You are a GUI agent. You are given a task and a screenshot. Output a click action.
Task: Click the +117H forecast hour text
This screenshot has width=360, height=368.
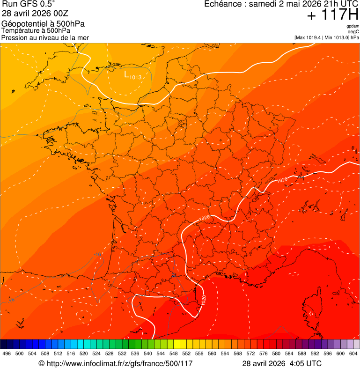(332, 15)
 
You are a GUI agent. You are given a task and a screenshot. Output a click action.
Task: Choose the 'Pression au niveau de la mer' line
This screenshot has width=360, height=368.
(45, 37)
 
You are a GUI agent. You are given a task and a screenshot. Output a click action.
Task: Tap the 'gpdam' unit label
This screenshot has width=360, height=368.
(353, 26)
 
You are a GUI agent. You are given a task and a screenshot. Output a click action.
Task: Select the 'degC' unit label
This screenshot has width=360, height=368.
(353, 32)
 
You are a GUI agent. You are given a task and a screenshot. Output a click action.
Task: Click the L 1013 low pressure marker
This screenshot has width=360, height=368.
(132, 74)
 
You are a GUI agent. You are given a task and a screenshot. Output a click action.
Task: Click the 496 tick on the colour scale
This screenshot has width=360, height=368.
(7, 354)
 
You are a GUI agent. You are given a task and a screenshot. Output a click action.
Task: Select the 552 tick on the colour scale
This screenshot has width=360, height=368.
(186, 354)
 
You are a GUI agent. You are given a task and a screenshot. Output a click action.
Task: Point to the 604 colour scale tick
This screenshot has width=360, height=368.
(353, 354)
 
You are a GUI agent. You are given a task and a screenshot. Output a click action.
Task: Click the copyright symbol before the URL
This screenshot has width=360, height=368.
(41, 364)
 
